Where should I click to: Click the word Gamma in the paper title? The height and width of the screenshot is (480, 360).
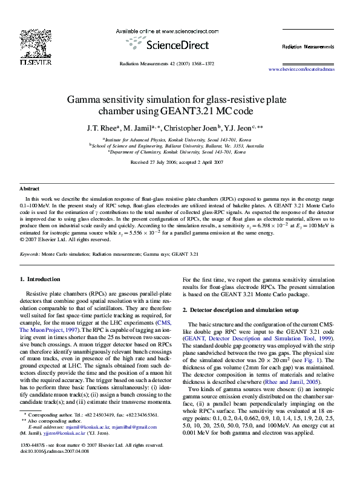[x=86, y=99]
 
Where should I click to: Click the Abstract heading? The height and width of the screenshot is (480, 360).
[x=30, y=189]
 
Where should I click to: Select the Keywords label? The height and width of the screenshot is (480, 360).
[x=30, y=254]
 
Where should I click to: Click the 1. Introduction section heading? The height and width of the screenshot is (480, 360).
[x=40, y=279]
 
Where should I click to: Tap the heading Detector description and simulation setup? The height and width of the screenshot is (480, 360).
[x=244, y=310]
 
